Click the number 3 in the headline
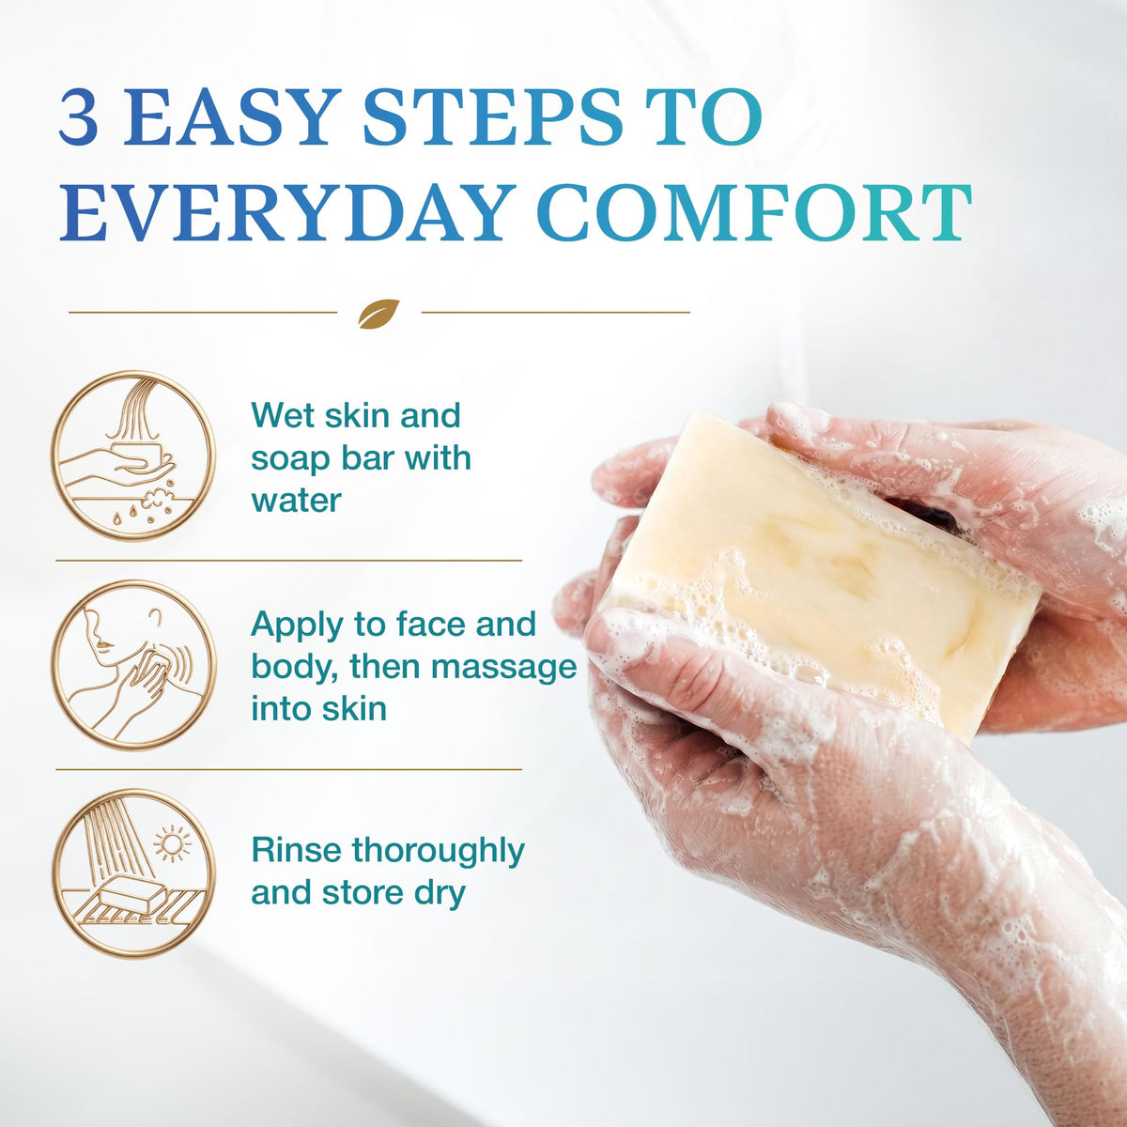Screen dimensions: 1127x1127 click(x=79, y=117)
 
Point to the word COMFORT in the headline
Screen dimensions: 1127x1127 click(x=753, y=211)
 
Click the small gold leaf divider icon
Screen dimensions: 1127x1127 click(x=379, y=314)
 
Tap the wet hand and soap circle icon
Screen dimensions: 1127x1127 click(x=134, y=456)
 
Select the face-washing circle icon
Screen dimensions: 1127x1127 click(x=134, y=665)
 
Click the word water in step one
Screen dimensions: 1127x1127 click(x=296, y=501)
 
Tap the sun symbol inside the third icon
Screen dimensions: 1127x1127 click(x=172, y=843)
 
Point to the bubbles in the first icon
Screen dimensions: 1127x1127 click(x=158, y=502)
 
